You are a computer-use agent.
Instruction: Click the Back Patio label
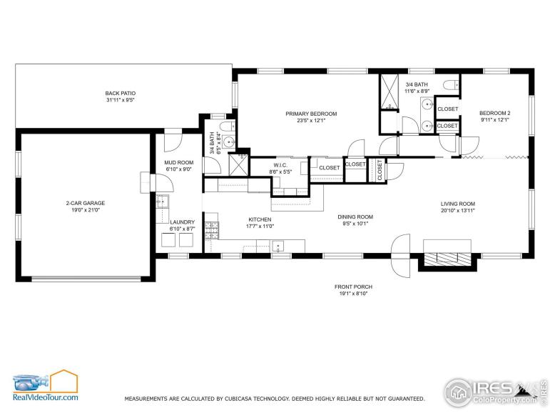121,93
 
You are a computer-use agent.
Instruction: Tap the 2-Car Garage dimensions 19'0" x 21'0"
86,210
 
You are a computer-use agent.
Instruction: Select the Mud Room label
179,162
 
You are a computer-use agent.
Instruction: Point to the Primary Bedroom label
311,114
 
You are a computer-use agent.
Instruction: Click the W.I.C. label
280,165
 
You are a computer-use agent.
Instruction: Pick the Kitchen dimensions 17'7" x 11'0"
260,227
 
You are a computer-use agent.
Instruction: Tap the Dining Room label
355,217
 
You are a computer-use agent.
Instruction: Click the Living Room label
458,204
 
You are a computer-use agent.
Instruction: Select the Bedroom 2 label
494,113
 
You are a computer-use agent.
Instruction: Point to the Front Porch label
353,287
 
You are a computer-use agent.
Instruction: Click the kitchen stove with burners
212,230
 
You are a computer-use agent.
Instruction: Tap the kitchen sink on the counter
278,246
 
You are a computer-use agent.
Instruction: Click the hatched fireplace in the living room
447,259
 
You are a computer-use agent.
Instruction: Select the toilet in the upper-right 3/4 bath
451,85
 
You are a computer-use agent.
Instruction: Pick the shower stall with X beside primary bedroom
389,91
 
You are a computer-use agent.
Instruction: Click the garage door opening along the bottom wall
86,279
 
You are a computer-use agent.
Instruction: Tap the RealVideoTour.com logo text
46,397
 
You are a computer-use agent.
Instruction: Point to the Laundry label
182,222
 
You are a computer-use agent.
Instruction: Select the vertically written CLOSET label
380,170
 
